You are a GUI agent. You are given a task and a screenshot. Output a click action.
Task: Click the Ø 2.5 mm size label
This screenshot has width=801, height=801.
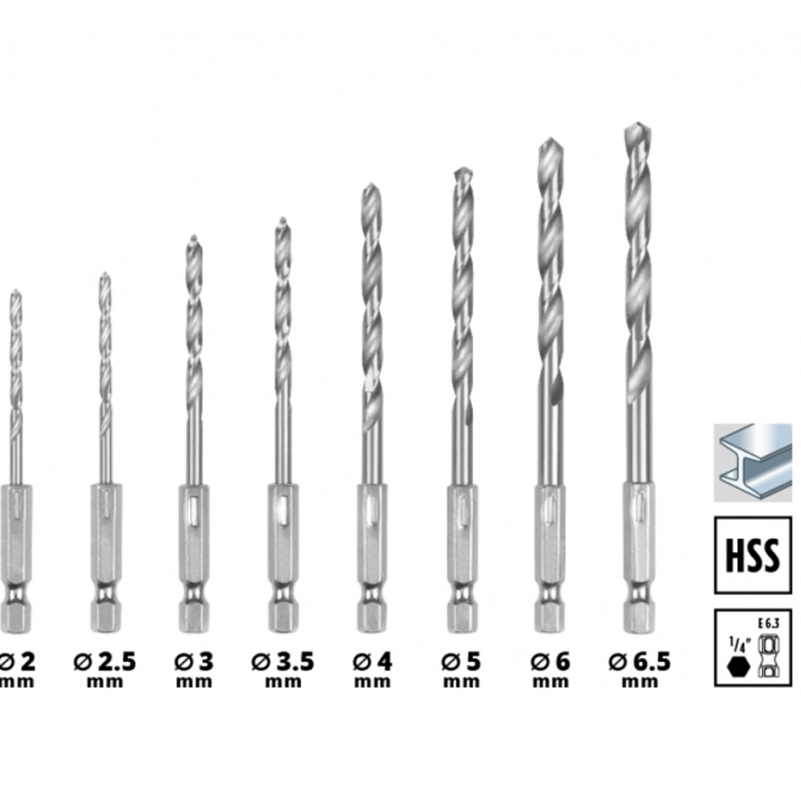point(105,670)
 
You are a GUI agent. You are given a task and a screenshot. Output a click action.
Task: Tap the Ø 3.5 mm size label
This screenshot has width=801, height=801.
point(283,670)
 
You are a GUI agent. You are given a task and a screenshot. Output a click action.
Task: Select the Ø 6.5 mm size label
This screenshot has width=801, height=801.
point(639,670)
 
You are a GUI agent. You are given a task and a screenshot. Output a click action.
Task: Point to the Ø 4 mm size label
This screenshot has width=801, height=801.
point(372,670)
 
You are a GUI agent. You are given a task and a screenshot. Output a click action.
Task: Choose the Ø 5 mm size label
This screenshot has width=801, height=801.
point(461,670)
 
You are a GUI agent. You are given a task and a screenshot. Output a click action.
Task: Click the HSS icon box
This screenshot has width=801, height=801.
point(752,555)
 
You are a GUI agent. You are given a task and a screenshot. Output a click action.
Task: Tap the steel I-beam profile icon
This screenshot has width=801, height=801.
point(752,462)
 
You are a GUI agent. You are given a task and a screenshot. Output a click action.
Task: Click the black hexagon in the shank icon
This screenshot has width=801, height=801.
point(739,666)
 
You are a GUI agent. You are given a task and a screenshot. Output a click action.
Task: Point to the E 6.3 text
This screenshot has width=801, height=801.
point(769,624)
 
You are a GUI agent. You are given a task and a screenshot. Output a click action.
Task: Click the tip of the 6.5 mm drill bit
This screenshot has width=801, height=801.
point(638,123)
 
